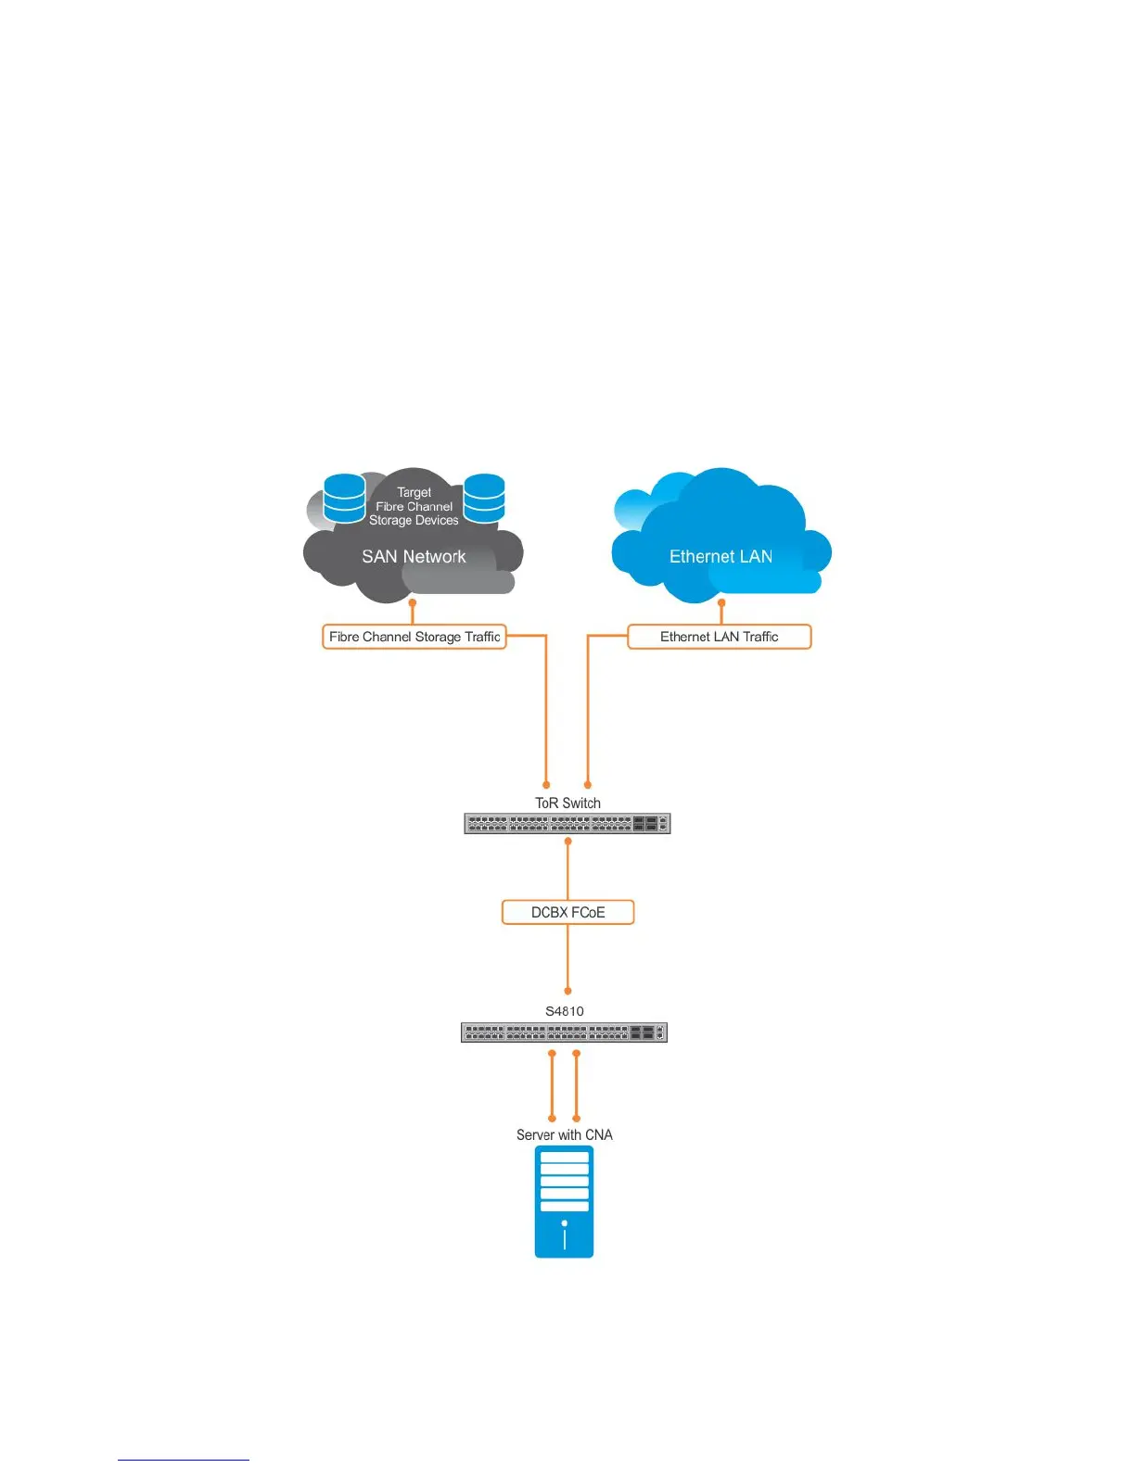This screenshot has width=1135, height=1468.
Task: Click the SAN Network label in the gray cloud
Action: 414,556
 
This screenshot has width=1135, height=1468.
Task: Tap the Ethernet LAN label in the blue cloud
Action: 721,556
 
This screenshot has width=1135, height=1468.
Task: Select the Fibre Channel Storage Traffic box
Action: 414,637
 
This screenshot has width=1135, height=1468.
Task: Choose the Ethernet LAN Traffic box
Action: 720,637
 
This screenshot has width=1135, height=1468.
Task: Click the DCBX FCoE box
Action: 567,912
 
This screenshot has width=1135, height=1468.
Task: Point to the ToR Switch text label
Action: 567,803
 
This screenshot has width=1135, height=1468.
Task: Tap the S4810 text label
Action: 564,1011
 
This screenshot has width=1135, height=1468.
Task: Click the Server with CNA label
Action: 564,1134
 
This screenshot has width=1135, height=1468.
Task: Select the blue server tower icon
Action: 564,1201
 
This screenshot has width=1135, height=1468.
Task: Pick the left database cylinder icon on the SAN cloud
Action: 344,498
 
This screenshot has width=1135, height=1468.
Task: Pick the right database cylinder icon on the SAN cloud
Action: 484,498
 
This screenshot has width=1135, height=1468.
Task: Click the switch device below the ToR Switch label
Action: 567,823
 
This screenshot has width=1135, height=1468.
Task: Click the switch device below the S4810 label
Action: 564,1031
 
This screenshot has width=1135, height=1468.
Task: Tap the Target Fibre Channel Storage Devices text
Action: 414,506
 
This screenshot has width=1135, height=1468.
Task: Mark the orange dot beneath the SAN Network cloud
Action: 413,602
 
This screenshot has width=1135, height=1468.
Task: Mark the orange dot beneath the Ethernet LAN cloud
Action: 721,602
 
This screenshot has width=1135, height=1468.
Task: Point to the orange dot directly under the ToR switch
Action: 567,842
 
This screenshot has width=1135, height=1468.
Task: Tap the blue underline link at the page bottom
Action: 183,1460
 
